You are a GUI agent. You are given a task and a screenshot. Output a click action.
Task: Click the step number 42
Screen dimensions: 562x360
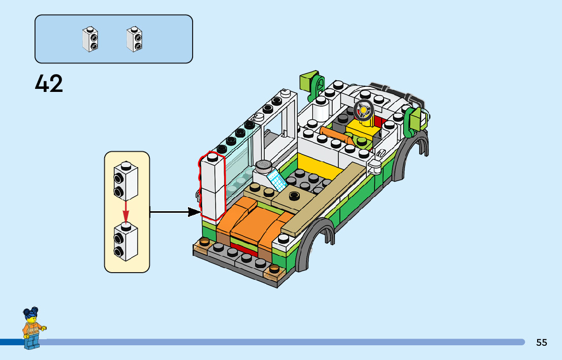[x=49, y=83]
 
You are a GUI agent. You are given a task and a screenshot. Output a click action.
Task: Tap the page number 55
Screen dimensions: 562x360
[x=542, y=342]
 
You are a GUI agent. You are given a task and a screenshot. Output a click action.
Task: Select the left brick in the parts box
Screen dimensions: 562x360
[x=90, y=39]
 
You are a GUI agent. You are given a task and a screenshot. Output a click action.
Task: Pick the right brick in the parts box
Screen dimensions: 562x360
[x=135, y=39]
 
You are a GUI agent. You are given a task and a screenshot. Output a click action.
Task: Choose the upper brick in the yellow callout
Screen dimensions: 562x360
[x=126, y=181]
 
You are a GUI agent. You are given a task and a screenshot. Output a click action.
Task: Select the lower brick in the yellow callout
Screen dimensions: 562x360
[x=126, y=241]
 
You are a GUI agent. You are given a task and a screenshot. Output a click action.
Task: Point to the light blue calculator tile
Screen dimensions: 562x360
[x=277, y=180]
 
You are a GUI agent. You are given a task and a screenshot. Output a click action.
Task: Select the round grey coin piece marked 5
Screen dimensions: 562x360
[x=264, y=166]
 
